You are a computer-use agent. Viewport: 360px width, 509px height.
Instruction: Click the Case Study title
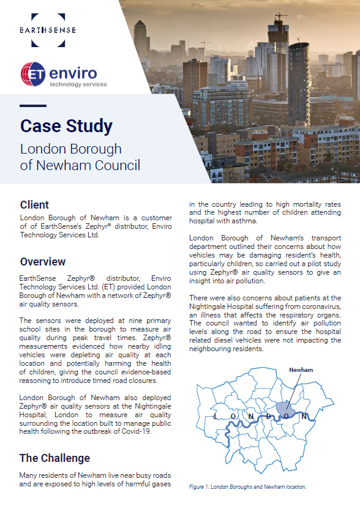(x=66, y=126)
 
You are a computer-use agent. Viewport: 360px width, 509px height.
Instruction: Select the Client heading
(x=34, y=205)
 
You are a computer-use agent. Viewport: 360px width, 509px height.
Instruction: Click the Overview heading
(x=43, y=262)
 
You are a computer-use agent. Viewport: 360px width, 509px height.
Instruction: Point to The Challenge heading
(x=54, y=458)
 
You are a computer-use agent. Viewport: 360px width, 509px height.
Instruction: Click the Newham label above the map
(x=301, y=370)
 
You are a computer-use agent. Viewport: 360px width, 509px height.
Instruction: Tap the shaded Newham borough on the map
(x=283, y=409)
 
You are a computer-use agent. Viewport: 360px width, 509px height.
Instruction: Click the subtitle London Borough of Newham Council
(x=80, y=157)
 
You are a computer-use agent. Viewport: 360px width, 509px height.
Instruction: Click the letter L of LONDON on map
(x=216, y=416)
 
